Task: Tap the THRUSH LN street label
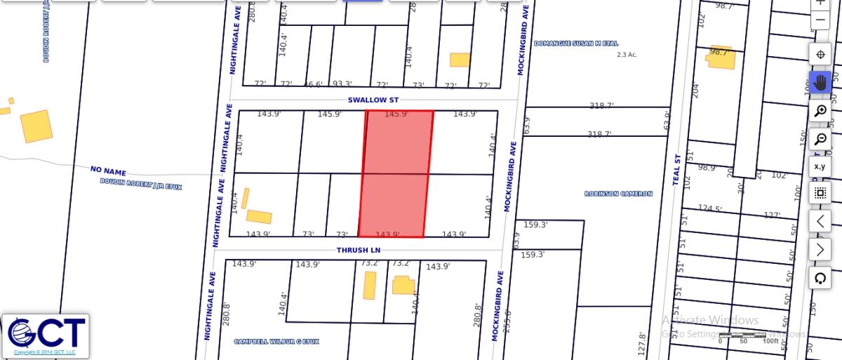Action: pyautogui.click(x=357, y=250)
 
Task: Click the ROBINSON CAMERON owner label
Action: pyautogui.click(x=618, y=194)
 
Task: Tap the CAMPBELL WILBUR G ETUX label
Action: pyautogui.click(x=276, y=342)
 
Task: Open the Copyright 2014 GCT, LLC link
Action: pyautogui.click(x=45, y=352)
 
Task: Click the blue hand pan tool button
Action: pyautogui.click(x=820, y=83)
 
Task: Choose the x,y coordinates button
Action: pyautogui.click(x=820, y=166)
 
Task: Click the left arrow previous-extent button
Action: pyautogui.click(x=820, y=221)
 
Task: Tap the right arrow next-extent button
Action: pyautogui.click(x=820, y=249)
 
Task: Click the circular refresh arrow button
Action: pyautogui.click(x=820, y=278)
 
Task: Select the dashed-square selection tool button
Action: pyautogui.click(x=820, y=193)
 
